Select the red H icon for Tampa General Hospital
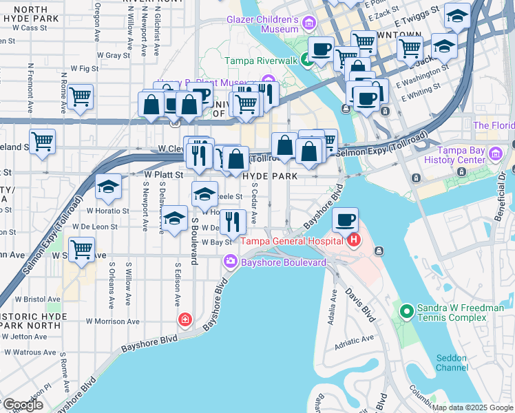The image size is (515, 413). click(354, 240)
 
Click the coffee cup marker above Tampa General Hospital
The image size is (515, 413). click(345, 220)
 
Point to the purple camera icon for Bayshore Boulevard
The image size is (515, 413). click(230, 262)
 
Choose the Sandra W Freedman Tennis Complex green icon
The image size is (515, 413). click(406, 313)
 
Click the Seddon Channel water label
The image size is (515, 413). click(452, 363)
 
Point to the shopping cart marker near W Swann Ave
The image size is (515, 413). click(82, 248)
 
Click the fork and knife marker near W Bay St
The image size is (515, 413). click(233, 222)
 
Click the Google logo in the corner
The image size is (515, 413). click(22, 405)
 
